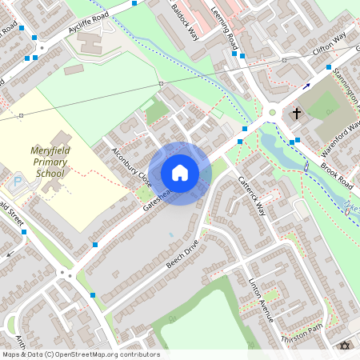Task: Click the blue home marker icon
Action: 180,173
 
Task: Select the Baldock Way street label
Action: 185,22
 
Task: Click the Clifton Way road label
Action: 329,45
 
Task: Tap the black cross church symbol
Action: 297,114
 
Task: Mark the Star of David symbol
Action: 346,346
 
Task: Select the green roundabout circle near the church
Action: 272,113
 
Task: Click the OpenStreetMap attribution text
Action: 81,354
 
